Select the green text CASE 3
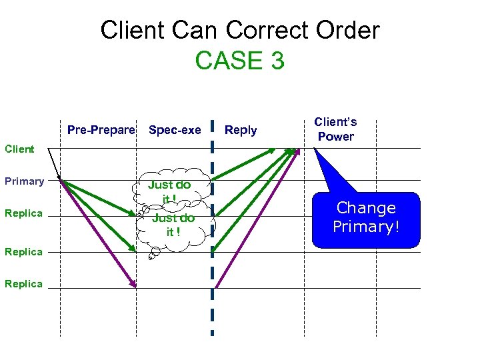tap(239, 61)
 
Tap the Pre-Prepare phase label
tap(101, 130)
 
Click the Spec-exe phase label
tap(175, 130)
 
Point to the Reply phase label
tap(241, 130)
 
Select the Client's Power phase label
tap(335, 129)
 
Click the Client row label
tap(19, 149)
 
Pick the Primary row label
tap(24, 181)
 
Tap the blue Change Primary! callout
tap(366, 217)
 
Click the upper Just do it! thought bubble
tap(170, 191)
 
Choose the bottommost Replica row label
tap(23, 284)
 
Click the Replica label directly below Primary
tap(23, 213)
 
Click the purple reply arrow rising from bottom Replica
tap(253, 220)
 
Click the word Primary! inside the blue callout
tap(366, 227)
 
